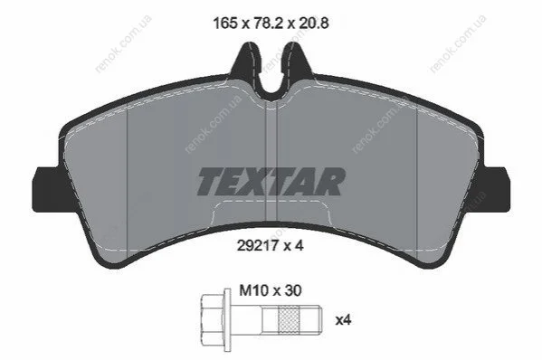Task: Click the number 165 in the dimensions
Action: point(225,24)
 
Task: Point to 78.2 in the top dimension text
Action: point(269,24)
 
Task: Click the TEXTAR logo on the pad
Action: point(271,182)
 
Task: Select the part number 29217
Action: point(258,246)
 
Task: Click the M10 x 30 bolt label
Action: point(271,290)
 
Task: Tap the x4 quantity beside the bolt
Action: point(343,320)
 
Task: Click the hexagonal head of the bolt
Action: point(213,320)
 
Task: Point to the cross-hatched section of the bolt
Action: point(288,320)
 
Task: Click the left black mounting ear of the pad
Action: point(45,189)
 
